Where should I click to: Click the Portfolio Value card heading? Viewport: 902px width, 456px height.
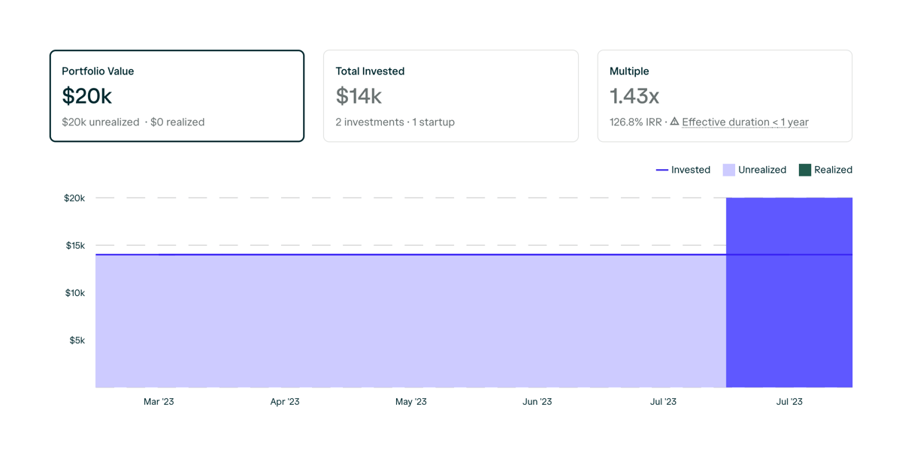(98, 71)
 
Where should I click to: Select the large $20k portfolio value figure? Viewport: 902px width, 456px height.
(87, 96)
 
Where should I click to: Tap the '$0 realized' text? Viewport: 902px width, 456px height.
(177, 122)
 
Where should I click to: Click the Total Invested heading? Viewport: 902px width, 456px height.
(370, 71)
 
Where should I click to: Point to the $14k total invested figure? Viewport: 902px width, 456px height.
(359, 96)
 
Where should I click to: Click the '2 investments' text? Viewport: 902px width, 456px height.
(368, 122)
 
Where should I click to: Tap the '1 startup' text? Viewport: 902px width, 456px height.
(434, 122)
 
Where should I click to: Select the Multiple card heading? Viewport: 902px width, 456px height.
(629, 71)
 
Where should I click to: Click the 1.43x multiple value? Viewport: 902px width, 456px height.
(634, 96)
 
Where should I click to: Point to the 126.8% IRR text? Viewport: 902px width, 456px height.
(636, 122)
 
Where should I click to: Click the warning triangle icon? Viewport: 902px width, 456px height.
(674, 121)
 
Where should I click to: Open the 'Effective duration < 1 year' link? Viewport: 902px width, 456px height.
(745, 122)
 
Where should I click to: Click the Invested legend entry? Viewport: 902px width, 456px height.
(683, 170)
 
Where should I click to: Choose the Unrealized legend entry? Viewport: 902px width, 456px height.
(755, 170)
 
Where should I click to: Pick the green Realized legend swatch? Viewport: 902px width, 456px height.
(805, 170)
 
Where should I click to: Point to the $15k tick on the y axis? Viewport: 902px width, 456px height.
(74, 246)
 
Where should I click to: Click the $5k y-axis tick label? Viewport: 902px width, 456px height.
(77, 340)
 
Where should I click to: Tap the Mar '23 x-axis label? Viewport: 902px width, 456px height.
(159, 402)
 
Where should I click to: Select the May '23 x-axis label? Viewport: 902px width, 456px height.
(411, 402)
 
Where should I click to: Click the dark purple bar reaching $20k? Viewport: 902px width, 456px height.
(789, 300)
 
